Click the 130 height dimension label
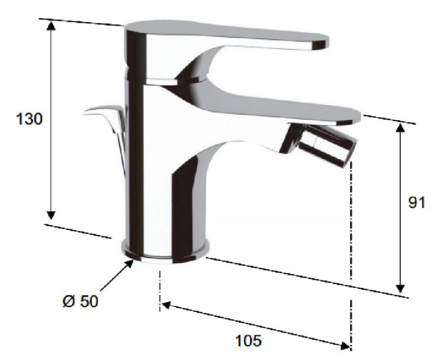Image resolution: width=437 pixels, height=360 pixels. (29, 119)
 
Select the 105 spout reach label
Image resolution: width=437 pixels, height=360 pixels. (249, 340)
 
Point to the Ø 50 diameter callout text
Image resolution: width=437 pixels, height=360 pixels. (80, 301)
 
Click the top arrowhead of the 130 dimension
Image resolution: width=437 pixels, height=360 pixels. (51, 25)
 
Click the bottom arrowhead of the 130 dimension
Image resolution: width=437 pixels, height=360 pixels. (51, 215)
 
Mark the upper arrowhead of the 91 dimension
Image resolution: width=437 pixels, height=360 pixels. (400, 128)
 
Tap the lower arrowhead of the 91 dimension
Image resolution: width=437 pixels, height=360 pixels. (400, 288)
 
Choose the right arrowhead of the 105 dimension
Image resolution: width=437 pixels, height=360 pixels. (346, 346)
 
